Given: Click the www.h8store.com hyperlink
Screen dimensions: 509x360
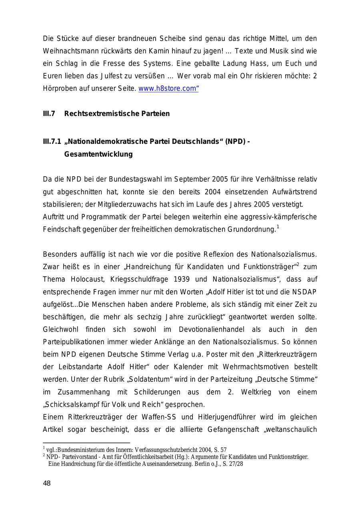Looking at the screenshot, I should pyautogui.click(x=168, y=88).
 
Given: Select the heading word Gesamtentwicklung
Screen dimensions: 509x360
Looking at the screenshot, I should pyautogui.click(x=98, y=154).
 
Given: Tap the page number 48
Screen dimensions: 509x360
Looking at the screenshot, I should pyautogui.click(x=47, y=483).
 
